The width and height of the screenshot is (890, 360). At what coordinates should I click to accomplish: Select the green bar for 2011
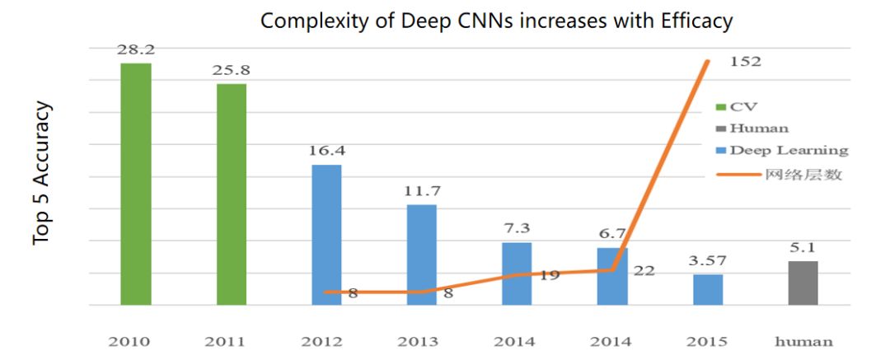pyautogui.click(x=232, y=194)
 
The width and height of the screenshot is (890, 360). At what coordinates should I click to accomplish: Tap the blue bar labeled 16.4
pyautogui.click(x=327, y=235)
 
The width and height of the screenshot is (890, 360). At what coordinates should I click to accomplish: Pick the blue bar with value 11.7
pyautogui.click(x=422, y=255)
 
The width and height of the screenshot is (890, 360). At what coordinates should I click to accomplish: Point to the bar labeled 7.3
pyautogui.click(x=518, y=274)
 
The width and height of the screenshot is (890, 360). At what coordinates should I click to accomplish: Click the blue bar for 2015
pyautogui.click(x=708, y=289)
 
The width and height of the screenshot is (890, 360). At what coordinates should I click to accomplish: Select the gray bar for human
pyautogui.click(x=803, y=283)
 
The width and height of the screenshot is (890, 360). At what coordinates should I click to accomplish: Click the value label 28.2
pyautogui.click(x=136, y=49)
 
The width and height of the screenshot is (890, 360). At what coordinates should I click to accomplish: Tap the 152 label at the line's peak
pyautogui.click(x=745, y=60)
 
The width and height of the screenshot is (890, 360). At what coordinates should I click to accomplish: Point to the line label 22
pyautogui.click(x=644, y=269)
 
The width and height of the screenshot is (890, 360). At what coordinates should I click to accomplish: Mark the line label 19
pyautogui.click(x=550, y=275)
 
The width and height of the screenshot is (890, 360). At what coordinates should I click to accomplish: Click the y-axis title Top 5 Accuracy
pyautogui.click(x=42, y=173)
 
